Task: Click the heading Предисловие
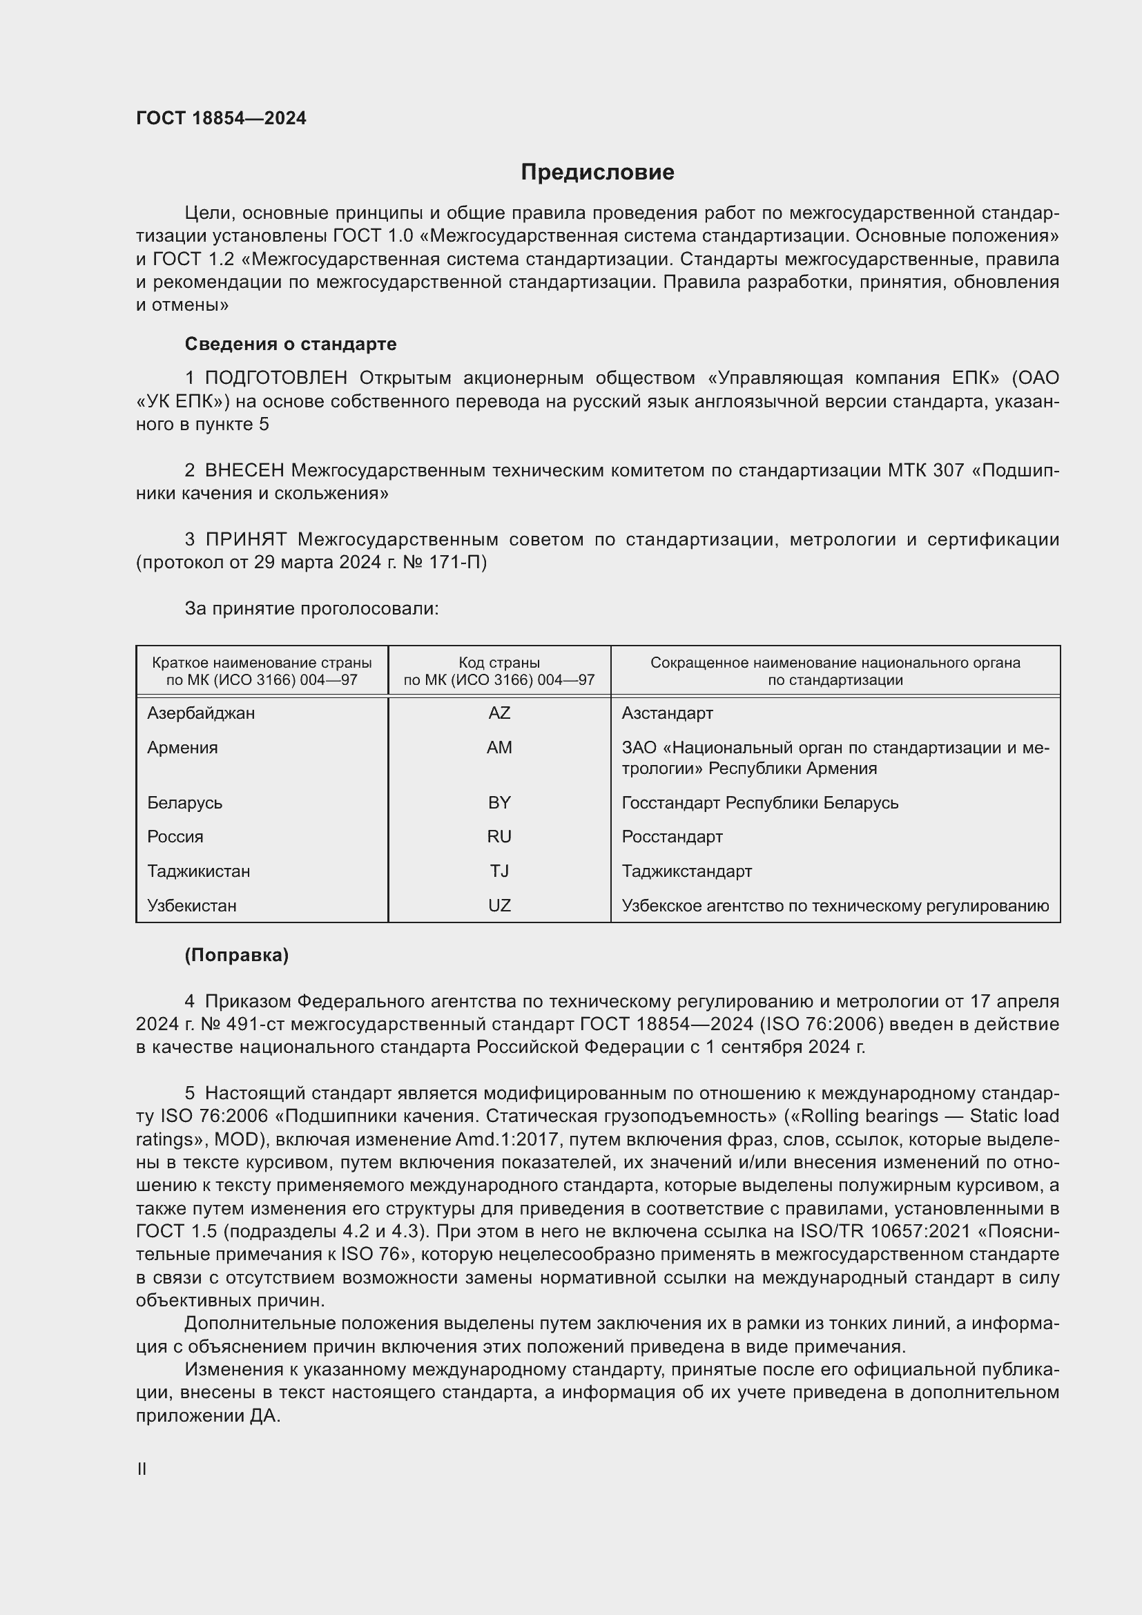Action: [x=597, y=173]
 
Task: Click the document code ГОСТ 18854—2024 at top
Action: [x=221, y=118]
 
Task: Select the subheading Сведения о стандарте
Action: [x=291, y=344]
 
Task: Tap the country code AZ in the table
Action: [x=499, y=713]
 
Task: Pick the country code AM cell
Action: [x=499, y=748]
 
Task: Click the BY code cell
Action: [x=499, y=802]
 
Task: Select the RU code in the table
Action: [x=499, y=837]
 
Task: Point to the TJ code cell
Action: [x=499, y=871]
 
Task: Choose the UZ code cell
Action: [x=499, y=906]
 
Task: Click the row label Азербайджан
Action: [x=201, y=713]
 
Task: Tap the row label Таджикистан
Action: [x=198, y=871]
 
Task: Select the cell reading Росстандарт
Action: [x=672, y=837]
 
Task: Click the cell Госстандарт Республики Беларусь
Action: [x=759, y=802]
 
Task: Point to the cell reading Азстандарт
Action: [x=667, y=713]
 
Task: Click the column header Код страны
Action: [x=499, y=663]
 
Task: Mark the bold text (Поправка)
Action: [x=236, y=955]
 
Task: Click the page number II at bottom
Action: [x=142, y=1469]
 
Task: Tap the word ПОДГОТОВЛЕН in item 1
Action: [x=275, y=378]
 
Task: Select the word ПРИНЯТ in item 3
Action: [x=245, y=539]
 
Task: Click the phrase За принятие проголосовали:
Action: [x=311, y=608]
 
